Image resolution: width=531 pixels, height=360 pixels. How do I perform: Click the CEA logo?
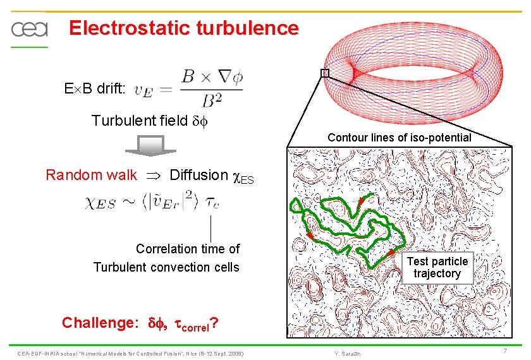pos(28,29)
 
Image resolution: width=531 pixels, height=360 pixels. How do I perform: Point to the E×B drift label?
pos(94,88)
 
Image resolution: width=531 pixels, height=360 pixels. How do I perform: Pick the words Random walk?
pos(91,175)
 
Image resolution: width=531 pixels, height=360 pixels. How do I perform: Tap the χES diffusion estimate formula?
pos(152,202)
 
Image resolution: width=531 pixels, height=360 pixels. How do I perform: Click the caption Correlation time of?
pos(188,249)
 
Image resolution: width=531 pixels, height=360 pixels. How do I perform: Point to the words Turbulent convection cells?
pos(166,267)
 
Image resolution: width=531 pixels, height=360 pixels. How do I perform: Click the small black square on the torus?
pos(325,73)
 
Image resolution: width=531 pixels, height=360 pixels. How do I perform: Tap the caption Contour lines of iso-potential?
pos(399,138)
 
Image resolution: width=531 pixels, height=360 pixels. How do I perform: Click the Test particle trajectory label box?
pos(437,268)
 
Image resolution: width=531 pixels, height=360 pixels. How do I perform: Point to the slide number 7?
pos(505,351)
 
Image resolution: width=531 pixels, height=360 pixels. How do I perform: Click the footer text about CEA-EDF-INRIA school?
pos(130,352)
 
